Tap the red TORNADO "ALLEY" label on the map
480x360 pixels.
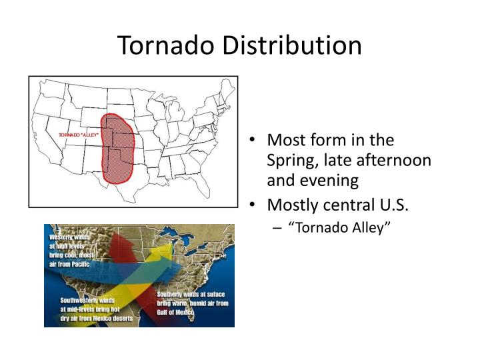[79, 135]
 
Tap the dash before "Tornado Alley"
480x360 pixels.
[277, 228]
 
